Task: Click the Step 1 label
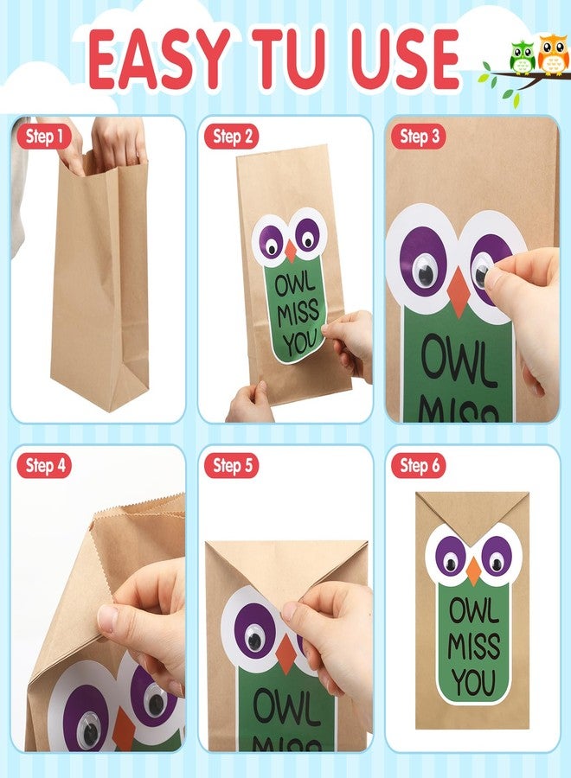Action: [x=44, y=137]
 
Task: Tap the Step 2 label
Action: [x=232, y=137]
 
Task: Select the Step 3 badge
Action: [x=419, y=137]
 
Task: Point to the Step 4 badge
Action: [x=44, y=466]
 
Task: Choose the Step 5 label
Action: [x=232, y=466]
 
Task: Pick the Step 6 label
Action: [x=419, y=466]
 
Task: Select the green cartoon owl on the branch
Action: [x=522, y=58]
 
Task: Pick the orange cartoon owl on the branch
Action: [x=553, y=54]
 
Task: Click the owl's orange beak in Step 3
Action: [x=459, y=293]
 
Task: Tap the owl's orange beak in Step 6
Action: [x=473, y=571]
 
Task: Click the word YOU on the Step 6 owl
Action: [x=473, y=682]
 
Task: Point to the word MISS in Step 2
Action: [x=298, y=313]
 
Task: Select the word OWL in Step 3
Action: [x=458, y=360]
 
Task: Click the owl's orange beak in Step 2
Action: [x=291, y=251]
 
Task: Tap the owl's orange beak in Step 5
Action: [x=286, y=654]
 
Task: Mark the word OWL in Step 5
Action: [x=286, y=707]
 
